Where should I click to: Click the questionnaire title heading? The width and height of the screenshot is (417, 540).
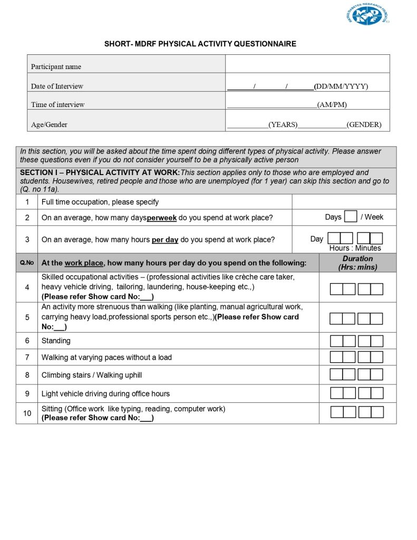point(200,44)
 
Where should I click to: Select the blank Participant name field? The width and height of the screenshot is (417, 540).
point(307,64)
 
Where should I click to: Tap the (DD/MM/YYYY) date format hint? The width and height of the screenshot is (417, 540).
point(341,86)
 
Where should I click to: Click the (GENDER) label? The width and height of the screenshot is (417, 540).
point(364,125)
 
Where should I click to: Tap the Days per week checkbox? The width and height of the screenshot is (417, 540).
point(350,217)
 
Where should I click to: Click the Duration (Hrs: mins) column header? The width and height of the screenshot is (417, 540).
point(357,263)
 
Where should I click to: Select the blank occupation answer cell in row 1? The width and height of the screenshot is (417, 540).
point(344,202)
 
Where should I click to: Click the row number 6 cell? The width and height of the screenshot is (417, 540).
point(27,341)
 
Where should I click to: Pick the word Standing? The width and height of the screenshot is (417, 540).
point(56,341)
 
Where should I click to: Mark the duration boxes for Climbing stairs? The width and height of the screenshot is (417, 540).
point(356,375)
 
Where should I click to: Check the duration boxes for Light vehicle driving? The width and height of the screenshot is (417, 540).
point(356,393)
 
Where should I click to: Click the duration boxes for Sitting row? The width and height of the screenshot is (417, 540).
point(356,412)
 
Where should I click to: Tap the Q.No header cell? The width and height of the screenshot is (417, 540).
point(27,263)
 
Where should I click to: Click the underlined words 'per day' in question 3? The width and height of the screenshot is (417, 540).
point(165,239)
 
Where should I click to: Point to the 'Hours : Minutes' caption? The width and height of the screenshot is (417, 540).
point(355,248)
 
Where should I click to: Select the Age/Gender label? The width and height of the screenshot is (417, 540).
point(49,125)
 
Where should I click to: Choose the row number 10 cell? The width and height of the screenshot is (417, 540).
point(27,413)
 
